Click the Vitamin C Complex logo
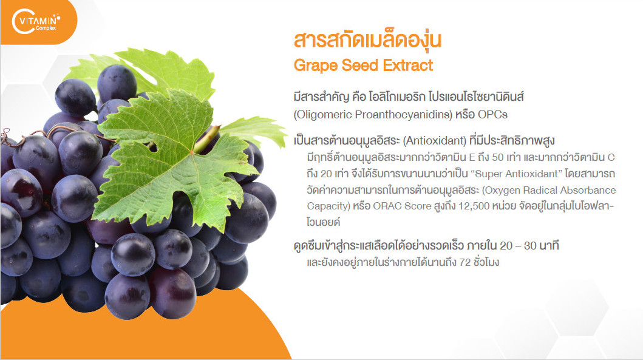(36, 22)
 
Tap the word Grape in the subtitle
(315, 66)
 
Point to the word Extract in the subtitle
(408, 65)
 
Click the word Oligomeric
(323, 115)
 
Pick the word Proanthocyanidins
(404, 115)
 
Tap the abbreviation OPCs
(492, 115)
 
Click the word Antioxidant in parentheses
(435, 141)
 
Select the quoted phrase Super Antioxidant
(517, 174)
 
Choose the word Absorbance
(591, 190)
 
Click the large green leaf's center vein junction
(191, 152)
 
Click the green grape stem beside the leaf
(207, 140)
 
